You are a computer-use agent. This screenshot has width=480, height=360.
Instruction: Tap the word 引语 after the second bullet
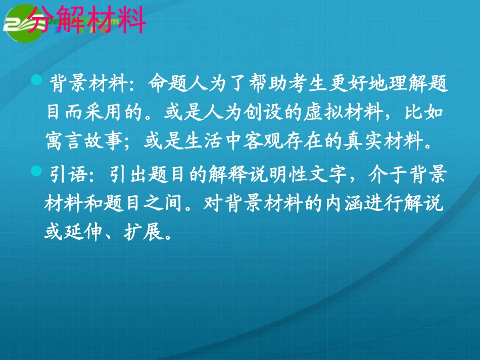61,176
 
